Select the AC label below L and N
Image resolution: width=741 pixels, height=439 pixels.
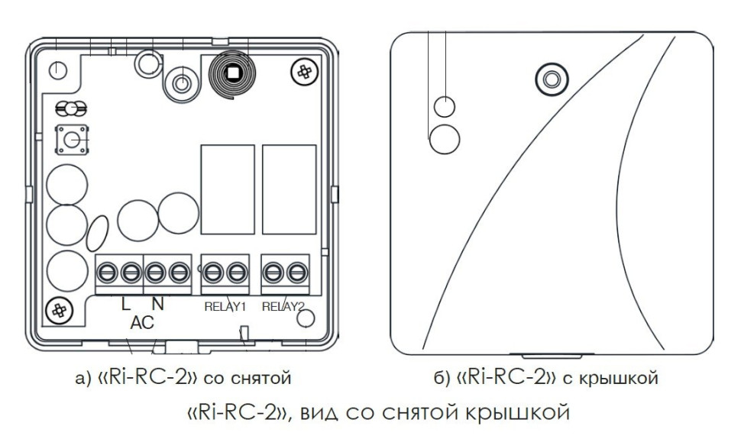142,323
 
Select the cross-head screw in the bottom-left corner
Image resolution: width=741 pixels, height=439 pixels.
57,309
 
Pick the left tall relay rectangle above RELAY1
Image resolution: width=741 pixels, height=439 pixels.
227,189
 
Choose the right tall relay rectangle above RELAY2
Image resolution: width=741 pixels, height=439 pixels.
289,189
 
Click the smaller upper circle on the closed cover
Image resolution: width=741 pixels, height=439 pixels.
445,106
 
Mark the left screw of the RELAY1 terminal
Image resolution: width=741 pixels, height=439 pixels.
215,271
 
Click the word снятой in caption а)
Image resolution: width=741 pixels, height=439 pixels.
267,378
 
